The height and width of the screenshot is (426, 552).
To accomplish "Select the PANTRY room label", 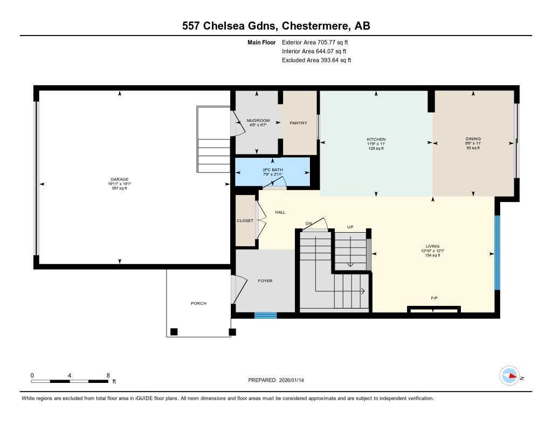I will coord(298,123).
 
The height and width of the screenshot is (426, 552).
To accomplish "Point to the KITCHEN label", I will coord(376,139).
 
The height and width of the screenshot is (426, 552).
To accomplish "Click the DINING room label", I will coord(473,139).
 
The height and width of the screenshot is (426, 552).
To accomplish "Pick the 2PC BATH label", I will coord(273,170).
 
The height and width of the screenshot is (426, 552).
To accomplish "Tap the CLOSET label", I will coord(245,221).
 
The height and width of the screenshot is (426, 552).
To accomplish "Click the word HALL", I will coord(280,212).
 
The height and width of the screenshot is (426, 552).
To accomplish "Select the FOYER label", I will coord(265,281).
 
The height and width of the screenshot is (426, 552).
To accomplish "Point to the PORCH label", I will coord(198,303).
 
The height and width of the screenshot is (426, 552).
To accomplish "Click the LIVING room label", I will coord(432,246).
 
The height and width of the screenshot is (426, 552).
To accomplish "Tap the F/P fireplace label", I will coord(433,297).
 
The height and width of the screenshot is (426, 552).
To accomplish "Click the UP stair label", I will coord(350,227).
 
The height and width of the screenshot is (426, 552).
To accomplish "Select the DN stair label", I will coord(309,223).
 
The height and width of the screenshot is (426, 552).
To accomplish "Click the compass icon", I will coord(509,375).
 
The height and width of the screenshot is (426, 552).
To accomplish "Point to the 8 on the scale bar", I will coord(108,375).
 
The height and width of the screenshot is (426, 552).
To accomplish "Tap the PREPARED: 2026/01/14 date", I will coord(276,380).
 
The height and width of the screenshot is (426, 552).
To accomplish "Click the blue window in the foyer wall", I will coord(265,316).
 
